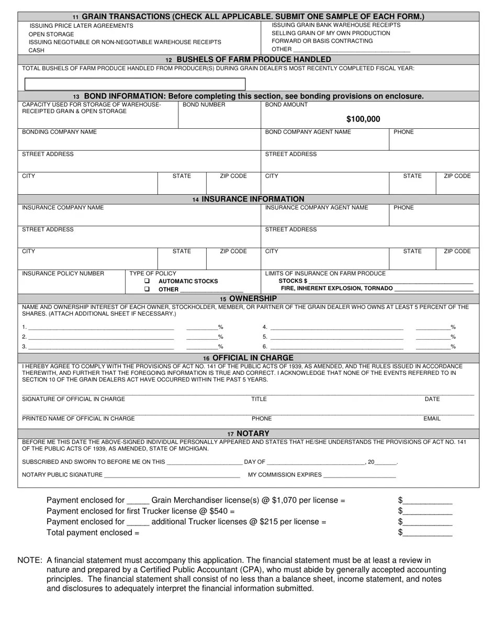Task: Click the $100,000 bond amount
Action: (363, 119)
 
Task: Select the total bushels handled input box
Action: (135, 84)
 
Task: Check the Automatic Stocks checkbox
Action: (147, 281)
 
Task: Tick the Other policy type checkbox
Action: (147, 289)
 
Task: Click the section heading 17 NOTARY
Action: (249, 434)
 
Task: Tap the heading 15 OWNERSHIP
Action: (249, 298)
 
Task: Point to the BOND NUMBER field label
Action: (204, 105)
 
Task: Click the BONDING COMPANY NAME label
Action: (59, 132)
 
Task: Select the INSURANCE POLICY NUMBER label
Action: (63, 273)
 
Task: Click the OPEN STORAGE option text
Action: (51, 34)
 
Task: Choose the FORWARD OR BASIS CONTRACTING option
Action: (322, 41)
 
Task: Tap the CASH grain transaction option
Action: (37, 50)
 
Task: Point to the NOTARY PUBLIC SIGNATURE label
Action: (62, 475)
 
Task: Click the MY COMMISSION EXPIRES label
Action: (285, 475)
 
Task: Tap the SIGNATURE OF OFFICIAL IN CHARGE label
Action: (73, 399)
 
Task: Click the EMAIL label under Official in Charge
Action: (432, 418)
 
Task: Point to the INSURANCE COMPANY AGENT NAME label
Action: (317, 207)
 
